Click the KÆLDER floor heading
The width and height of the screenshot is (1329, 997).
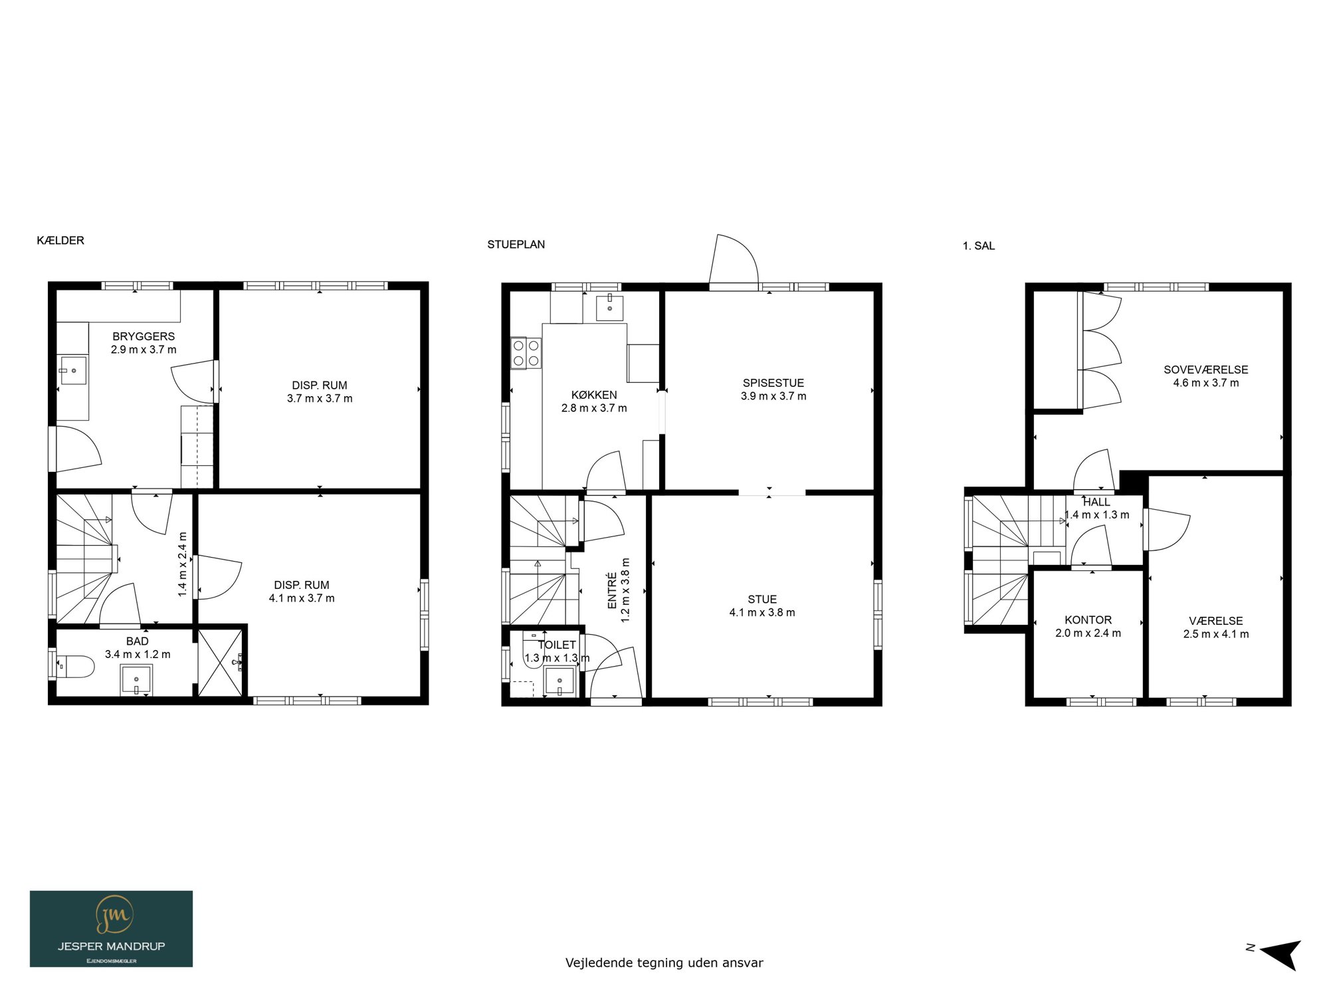tap(60, 241)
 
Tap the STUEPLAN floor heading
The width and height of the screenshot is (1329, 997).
tap(516, 245)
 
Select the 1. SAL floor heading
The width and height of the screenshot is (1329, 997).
tap(979, 246)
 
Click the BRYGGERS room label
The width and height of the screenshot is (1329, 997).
tap(144, 336)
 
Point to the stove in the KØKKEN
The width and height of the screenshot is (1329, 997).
tap(526, 353)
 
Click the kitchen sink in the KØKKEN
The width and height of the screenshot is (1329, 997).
tap(609, 308)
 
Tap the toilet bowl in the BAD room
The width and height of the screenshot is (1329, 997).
tap(75, 666)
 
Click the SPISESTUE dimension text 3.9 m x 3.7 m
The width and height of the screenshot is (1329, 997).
tap(773, 396)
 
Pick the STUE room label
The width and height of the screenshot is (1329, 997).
tap(762, 600)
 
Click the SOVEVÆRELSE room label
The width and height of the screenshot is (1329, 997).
tap(1205, 370)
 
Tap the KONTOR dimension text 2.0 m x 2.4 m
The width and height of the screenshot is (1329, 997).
tap(1088, 633)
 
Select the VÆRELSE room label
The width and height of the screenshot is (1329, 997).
tap(1215, 621)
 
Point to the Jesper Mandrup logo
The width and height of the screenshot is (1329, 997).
tap(111, 929)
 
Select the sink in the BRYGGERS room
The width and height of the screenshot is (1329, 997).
tap(72, 370)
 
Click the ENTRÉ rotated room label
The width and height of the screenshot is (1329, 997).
tap(612, 590)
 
